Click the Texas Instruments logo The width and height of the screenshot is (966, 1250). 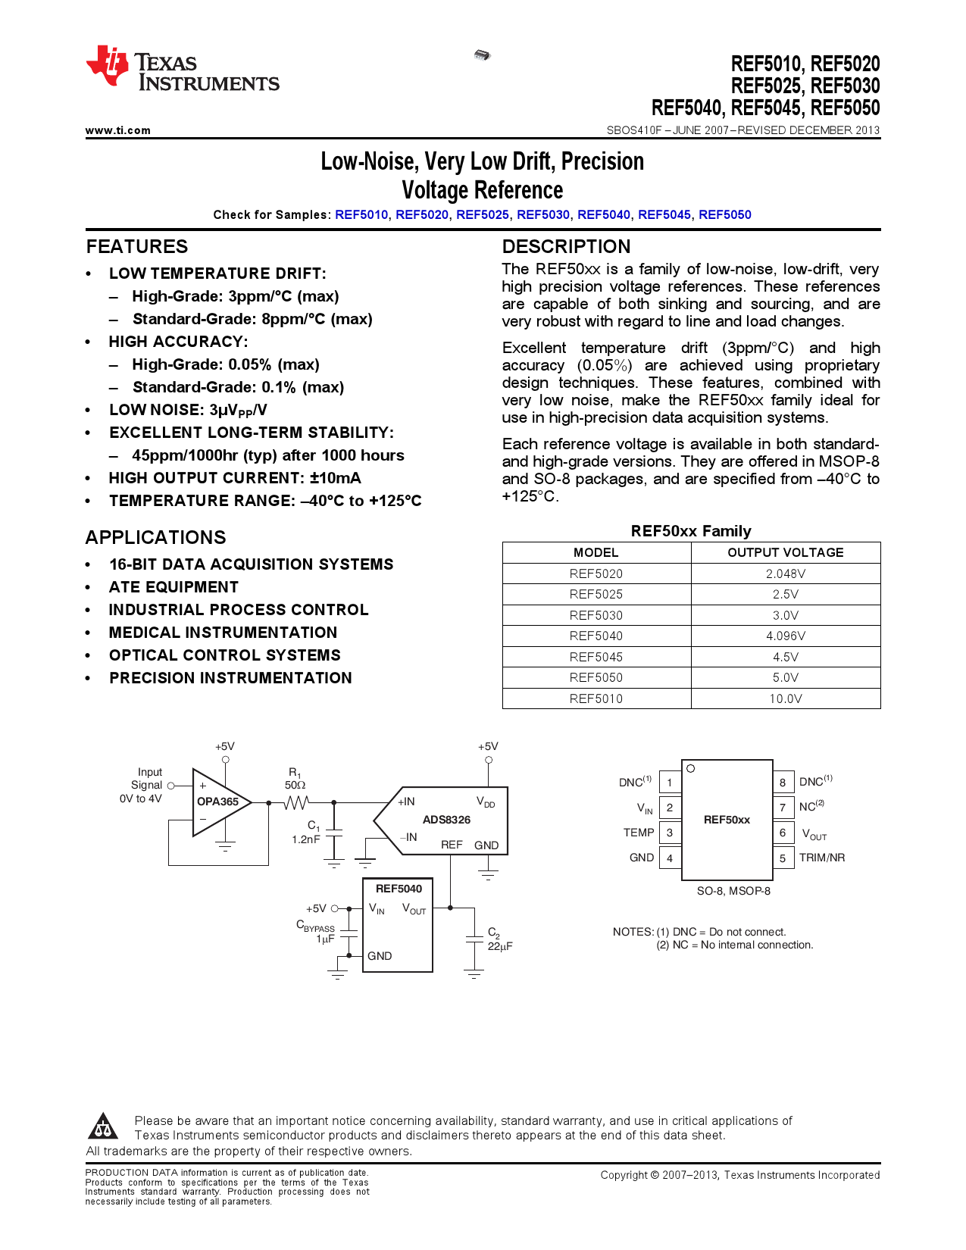click(182, 69)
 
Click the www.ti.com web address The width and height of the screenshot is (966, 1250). click(118, 130)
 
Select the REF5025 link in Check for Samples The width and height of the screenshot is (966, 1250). click(483, 214)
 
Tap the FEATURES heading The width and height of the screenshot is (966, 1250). click(137, 247)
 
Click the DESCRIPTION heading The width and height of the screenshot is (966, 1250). click(566, 247)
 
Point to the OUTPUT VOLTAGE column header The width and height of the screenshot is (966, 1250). click(785, 552)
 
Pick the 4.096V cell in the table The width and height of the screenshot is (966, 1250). click(785, 636)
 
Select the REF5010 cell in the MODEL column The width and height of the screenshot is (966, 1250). click(596, 698)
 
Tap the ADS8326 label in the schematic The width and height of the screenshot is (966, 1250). click(446, 820)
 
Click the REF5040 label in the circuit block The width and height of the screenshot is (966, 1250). click(399, 889)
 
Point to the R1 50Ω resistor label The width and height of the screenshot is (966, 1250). click(295, 780)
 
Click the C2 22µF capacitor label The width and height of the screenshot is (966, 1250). click(499, 939)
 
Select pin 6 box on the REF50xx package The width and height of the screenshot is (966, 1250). click(783, 833)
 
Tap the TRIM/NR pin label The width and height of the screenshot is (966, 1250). click(822, 858)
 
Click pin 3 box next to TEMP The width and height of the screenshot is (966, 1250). click(670, 833)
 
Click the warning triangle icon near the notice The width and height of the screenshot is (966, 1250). click(103, 1127)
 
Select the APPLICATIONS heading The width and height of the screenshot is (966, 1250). click(155, 538)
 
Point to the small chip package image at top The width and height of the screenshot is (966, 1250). click(482, 55)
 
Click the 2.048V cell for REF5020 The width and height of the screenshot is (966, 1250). click(785, 573)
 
